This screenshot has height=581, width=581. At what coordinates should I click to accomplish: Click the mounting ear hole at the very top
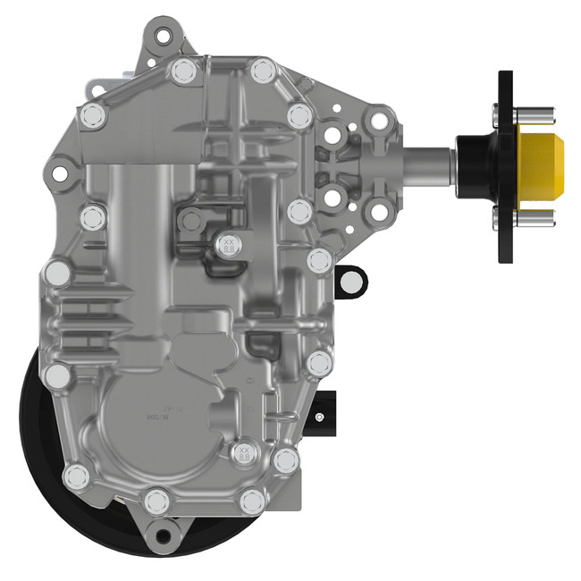coord(162,37)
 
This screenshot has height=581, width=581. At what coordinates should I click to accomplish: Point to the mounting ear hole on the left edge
coord(59,167)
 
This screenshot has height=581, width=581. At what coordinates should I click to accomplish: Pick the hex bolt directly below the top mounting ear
coord(184,71)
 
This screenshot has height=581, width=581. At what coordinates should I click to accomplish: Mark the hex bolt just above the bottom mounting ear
coord(157,499)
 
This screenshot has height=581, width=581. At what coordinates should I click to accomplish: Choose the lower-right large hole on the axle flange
coord(379,213)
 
